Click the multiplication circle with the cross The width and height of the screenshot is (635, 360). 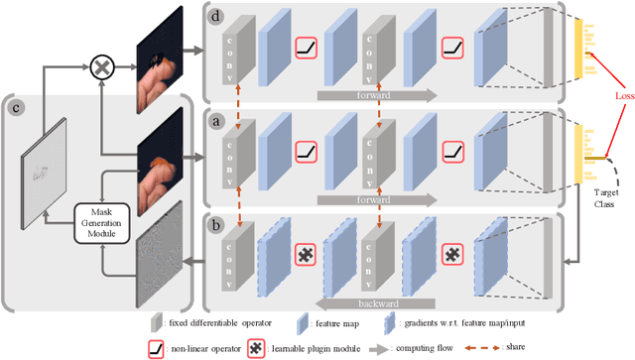click(100, 66)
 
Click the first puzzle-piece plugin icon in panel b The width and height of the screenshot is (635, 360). click(307, 256)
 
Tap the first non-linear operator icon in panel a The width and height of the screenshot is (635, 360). click(307, 152)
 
